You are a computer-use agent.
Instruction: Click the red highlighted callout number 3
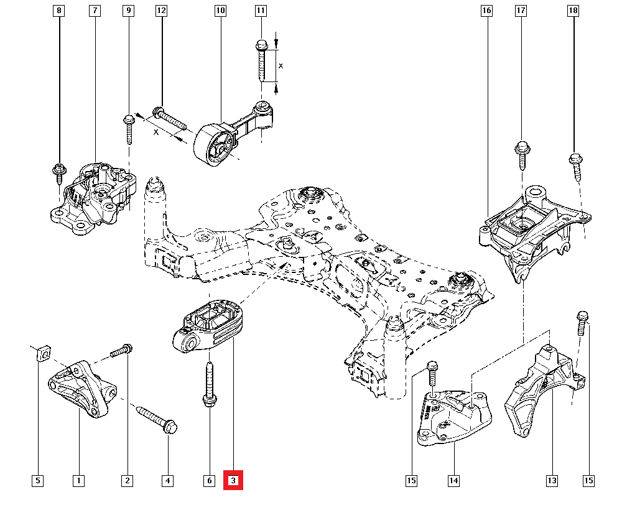pyautogui.click(x=233, y=480)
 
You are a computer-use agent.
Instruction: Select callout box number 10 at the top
pyautogui.click(x=220, y=11)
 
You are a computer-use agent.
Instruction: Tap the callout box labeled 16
pyautogui.click(x=486, y=11)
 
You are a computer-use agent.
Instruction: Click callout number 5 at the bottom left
pyautogui.click(x=38, y=480)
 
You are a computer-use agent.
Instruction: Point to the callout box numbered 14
pyautogui.click(x=453, y=480)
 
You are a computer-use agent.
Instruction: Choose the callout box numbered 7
pyautogui.click(x=95, y=11)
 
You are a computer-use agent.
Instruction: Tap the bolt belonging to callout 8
pyautogui.click(x=60, y=171)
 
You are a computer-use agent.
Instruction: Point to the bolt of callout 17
pyautogui.click(x=521, y=155)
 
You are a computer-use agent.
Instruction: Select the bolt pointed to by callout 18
pyautogui.click(x=575, y=165)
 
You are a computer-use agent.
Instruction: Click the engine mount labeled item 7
pyautogui.click(x=93, y=199)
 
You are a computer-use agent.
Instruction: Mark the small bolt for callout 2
pyautogui.click(x=121, y=352)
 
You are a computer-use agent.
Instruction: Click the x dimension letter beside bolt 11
pyautogui.click(x=281, y=65)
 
